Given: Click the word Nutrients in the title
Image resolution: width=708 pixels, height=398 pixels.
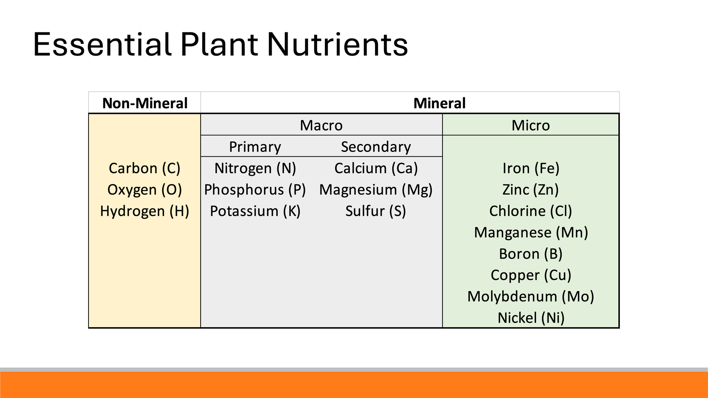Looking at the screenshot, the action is (x=337, y=45).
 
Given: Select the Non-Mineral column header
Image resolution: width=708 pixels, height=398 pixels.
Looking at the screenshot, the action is (x=145, y=103).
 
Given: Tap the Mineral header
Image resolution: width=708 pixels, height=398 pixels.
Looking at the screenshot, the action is (x=440, y=103).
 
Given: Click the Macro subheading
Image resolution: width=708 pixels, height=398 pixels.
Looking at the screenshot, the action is (x=321, y=125).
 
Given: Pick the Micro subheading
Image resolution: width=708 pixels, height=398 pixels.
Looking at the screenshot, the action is (x=531, y=125).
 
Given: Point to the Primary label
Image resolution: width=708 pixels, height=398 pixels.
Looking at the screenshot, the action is (x=255, y=147).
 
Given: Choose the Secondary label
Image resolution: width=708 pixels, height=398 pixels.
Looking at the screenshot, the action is (x=376, y=147).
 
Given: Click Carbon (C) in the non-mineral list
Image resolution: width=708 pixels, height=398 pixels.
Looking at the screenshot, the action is (x=145, y=168).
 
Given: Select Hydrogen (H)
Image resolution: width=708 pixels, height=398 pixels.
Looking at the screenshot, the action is (x=145, y=211).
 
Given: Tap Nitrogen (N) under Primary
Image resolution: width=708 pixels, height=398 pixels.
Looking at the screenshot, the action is (x=255, y=168).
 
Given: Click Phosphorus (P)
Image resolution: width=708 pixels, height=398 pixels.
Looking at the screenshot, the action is (x=255, y=190).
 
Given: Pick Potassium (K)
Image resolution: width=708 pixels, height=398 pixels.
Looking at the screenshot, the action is (x=255, y=211).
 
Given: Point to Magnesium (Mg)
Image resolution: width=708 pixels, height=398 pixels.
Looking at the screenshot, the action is (x=376, y=190).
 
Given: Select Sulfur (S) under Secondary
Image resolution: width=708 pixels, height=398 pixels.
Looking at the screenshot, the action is (x=376, y=211).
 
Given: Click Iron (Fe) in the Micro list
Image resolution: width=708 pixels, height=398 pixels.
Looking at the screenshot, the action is (x=531, y=168).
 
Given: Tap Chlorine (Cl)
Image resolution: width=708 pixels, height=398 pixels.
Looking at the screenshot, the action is (x=531, y=211).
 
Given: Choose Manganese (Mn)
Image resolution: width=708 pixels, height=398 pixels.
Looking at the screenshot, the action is (x=531, y=233).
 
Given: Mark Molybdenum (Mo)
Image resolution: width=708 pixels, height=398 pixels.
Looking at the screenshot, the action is (x=531, y=297).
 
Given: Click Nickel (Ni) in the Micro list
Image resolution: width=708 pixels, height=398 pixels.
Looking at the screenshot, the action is (x=531, y=318).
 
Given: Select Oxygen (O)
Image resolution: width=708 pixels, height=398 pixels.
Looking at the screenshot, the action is (x=145, y=190).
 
